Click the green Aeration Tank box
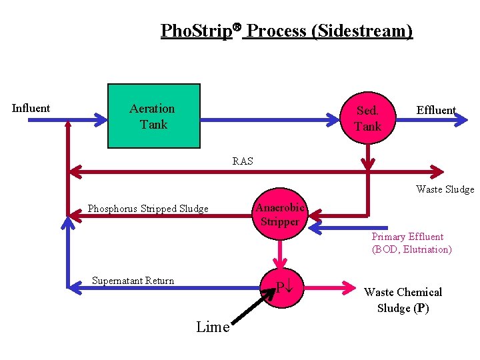tap(153, 115)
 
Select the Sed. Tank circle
tap(367, 118)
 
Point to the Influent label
tap(31, 108)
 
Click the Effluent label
tap(436, 110)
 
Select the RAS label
tap(243, 161)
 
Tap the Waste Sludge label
tap(445, 189)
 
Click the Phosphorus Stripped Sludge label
tap(148, 209)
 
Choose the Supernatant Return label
tap(133, 281)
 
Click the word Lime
tap(213, 327)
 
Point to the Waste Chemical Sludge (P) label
tap(403, 300)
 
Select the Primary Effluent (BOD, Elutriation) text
tap(411, 243)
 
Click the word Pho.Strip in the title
tap(195, 31)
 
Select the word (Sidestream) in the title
tap(365, 31)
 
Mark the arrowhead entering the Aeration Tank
tap(101, 120)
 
